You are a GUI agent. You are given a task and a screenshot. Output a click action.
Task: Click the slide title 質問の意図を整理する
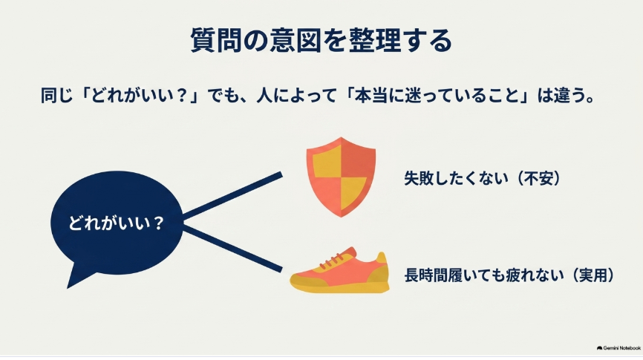pyautogui.click(x=321, y=40)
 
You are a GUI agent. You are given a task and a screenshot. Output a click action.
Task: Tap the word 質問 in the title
pyautogui.click(x=216, y=40)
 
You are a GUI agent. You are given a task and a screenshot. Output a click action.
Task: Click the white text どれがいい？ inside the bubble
pyautogui.click(x=116, y=223)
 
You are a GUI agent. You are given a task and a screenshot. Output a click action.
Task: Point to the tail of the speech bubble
pyautogui.click(x=76, y=279)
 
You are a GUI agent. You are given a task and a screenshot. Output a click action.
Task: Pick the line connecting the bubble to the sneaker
pyautogui.click(x=232, y=249)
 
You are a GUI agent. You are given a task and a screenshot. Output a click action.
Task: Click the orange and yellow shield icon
pyautogui.click(x=341, y=177)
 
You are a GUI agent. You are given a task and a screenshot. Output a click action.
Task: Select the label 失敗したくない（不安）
pyautogui.click(x=483, y=178)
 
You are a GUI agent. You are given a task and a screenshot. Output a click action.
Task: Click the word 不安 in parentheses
pyautogui.click(x=538, y=178)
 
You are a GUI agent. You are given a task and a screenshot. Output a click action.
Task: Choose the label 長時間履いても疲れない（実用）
pyautogui.click(x=509, y=275)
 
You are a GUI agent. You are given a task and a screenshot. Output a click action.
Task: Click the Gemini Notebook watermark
pyautogui.click(x=618, y=348)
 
